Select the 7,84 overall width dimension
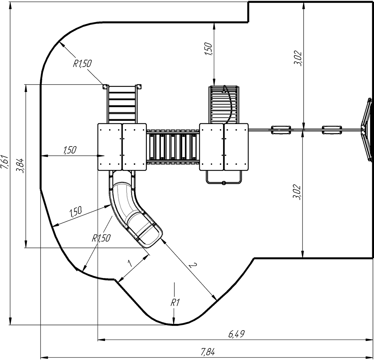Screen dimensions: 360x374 (x=207, y=351)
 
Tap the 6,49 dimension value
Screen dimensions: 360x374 (x=237, y=334)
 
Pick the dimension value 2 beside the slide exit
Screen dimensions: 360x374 (x=191, y=266)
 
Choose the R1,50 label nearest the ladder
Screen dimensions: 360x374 (x=82, y=64)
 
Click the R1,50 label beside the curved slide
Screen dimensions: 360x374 (x=101, y=238)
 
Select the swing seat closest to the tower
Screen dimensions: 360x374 (x=281, y=130)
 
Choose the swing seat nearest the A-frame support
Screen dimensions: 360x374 (x=332, y=130)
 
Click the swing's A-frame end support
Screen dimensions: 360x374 (x=367, y=129)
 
